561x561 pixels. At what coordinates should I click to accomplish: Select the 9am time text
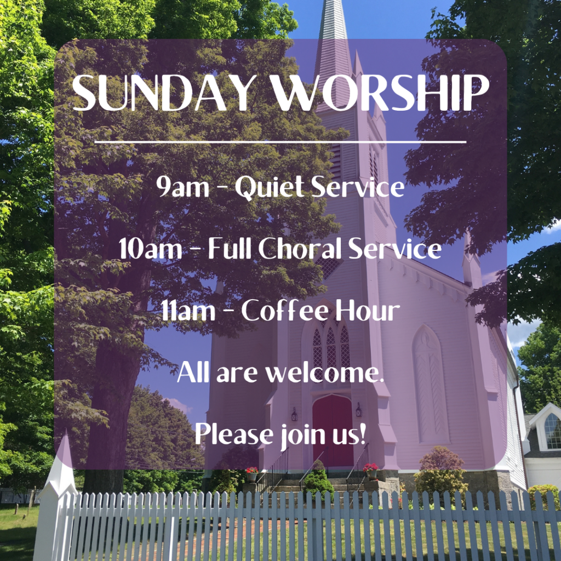[182, 186]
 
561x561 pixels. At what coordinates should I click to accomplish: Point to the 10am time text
[150, 248]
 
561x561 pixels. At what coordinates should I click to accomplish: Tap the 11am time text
[188, 311]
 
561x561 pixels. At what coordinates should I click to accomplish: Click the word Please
[234, 434]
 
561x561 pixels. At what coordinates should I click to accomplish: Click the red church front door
[333, 430]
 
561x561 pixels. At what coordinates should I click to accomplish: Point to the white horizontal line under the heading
[280, 142]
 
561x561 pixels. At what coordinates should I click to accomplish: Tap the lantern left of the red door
[294, 414]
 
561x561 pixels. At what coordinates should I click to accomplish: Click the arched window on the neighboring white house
[553, 431]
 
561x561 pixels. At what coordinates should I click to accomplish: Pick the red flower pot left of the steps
[252, 474]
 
